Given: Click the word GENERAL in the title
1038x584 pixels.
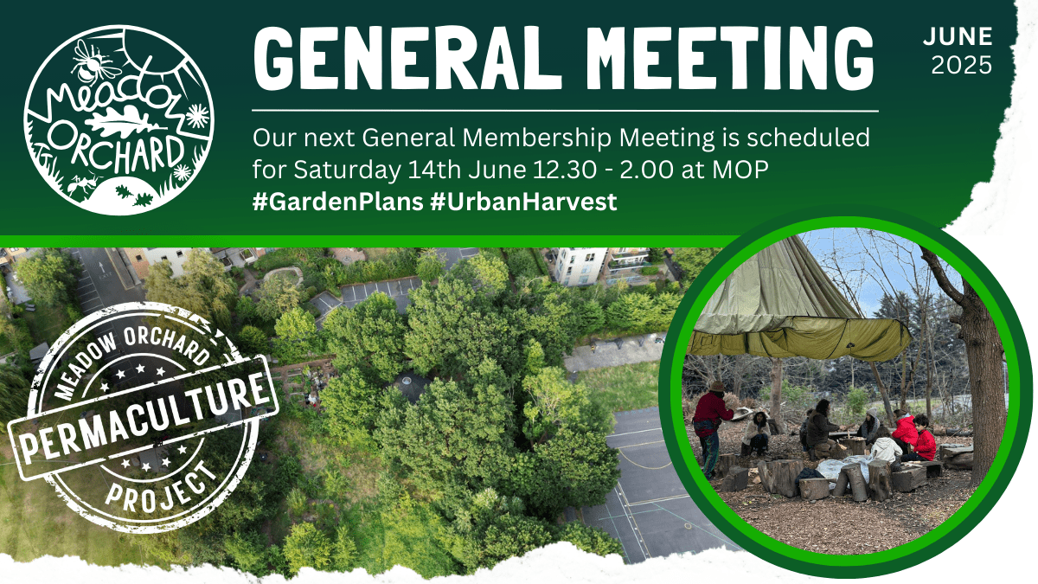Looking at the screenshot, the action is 407,58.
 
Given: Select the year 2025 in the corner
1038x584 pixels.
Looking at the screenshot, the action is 962,66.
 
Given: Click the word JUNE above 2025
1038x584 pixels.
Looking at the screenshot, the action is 958,36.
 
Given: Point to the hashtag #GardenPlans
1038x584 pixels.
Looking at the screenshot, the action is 338,202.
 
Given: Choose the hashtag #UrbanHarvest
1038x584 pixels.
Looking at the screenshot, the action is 523,202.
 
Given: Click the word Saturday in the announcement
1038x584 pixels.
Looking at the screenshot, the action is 347,170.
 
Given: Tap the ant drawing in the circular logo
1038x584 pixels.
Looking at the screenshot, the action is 83,184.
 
